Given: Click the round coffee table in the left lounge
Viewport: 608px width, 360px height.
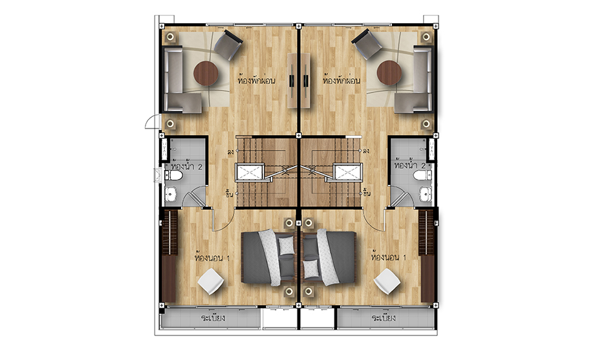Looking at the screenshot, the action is [x=206, y=74].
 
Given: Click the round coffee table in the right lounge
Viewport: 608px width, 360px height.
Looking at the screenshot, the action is [x=389, y=73].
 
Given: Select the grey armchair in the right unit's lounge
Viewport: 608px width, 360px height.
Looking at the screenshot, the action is [x=367, y=44].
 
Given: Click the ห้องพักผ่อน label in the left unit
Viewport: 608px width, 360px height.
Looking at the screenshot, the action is [x=256, y=81].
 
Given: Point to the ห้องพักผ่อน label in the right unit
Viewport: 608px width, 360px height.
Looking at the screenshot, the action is [x=342, y=81].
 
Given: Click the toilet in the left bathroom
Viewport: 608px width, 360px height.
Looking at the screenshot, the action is [x=174, y=176].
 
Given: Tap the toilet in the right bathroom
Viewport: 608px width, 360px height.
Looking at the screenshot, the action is [x=422, y=176].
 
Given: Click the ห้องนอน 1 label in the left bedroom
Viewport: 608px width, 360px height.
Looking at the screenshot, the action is [x=212, y=257].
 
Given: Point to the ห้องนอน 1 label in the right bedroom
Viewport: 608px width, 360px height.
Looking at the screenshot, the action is [x=389, y=257].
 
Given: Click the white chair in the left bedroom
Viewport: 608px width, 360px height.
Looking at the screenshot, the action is [x=211, y=282].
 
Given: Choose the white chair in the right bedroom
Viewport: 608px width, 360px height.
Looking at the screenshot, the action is [x=387, y=282].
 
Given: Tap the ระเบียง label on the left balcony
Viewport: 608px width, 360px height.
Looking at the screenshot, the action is [x=213, y=318].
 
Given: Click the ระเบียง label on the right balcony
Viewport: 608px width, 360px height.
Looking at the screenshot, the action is [x=384, y=318].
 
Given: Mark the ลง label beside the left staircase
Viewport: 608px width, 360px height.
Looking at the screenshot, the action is [x=231, y=152].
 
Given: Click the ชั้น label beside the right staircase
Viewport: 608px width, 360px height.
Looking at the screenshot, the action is [x=367, y=193].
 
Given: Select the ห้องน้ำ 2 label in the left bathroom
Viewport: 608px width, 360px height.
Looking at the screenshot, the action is [x=188, y=167].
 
